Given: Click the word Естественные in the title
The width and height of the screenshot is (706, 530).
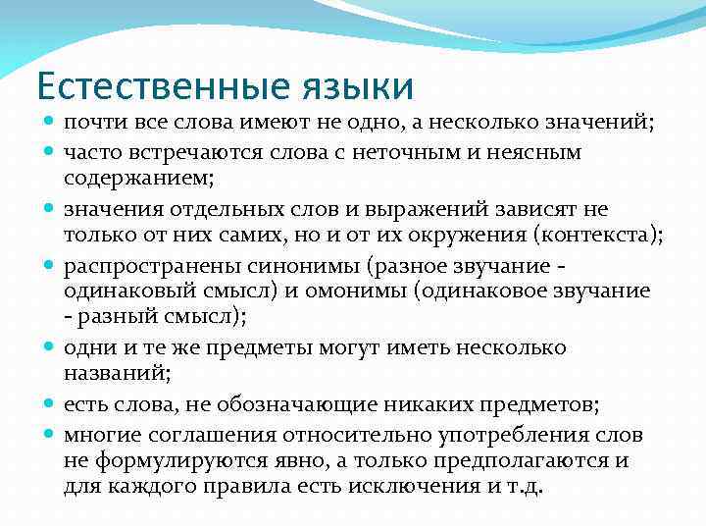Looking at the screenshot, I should [x=157, y=86].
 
